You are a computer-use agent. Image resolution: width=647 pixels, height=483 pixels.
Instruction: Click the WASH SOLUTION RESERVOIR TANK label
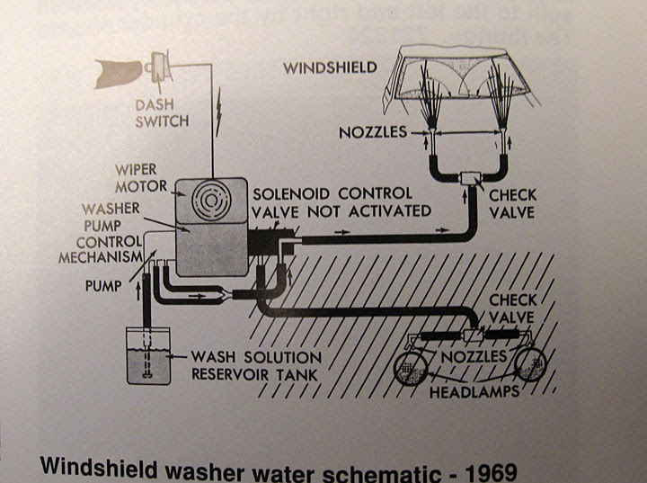(x=256, y=363)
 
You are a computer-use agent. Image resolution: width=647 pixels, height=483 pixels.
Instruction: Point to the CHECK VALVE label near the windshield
(x=513, y=203)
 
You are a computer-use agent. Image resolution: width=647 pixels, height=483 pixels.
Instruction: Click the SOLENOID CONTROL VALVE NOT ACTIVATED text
(x=341, y=202)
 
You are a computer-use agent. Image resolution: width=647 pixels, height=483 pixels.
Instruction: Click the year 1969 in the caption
(x=492, y=470)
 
